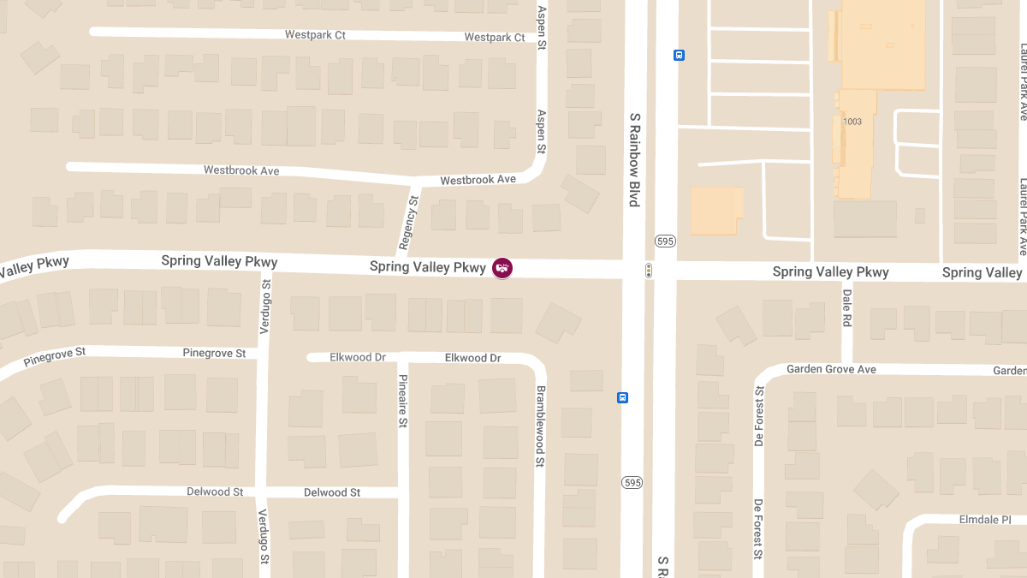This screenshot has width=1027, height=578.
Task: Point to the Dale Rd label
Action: point(846,307)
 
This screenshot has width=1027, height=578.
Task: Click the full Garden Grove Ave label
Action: point(831,369)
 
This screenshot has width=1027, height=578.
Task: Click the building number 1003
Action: point(852,122)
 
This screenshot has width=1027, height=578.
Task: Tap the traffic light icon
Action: point(649,271)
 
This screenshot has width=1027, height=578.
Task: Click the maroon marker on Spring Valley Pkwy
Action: point(502,268)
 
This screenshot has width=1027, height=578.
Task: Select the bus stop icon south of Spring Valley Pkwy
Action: point(623,397)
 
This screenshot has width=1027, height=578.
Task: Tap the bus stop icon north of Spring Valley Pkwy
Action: point(679,56)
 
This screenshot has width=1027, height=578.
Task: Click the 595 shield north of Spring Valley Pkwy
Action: point(665,241)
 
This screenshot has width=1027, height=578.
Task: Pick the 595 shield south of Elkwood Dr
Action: point(632,483)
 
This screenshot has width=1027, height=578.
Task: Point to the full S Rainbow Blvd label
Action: point(634,160)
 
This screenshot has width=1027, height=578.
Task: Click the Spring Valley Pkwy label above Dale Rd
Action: point(830,272)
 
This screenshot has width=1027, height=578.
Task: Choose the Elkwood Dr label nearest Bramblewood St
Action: point(472,358)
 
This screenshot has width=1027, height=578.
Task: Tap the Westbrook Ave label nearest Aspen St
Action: point(478,180)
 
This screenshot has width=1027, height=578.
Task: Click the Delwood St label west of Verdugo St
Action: point(209,492)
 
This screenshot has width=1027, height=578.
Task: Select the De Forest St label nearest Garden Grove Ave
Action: point(759,415)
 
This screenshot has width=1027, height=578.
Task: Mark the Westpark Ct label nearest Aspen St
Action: point(495,38)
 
